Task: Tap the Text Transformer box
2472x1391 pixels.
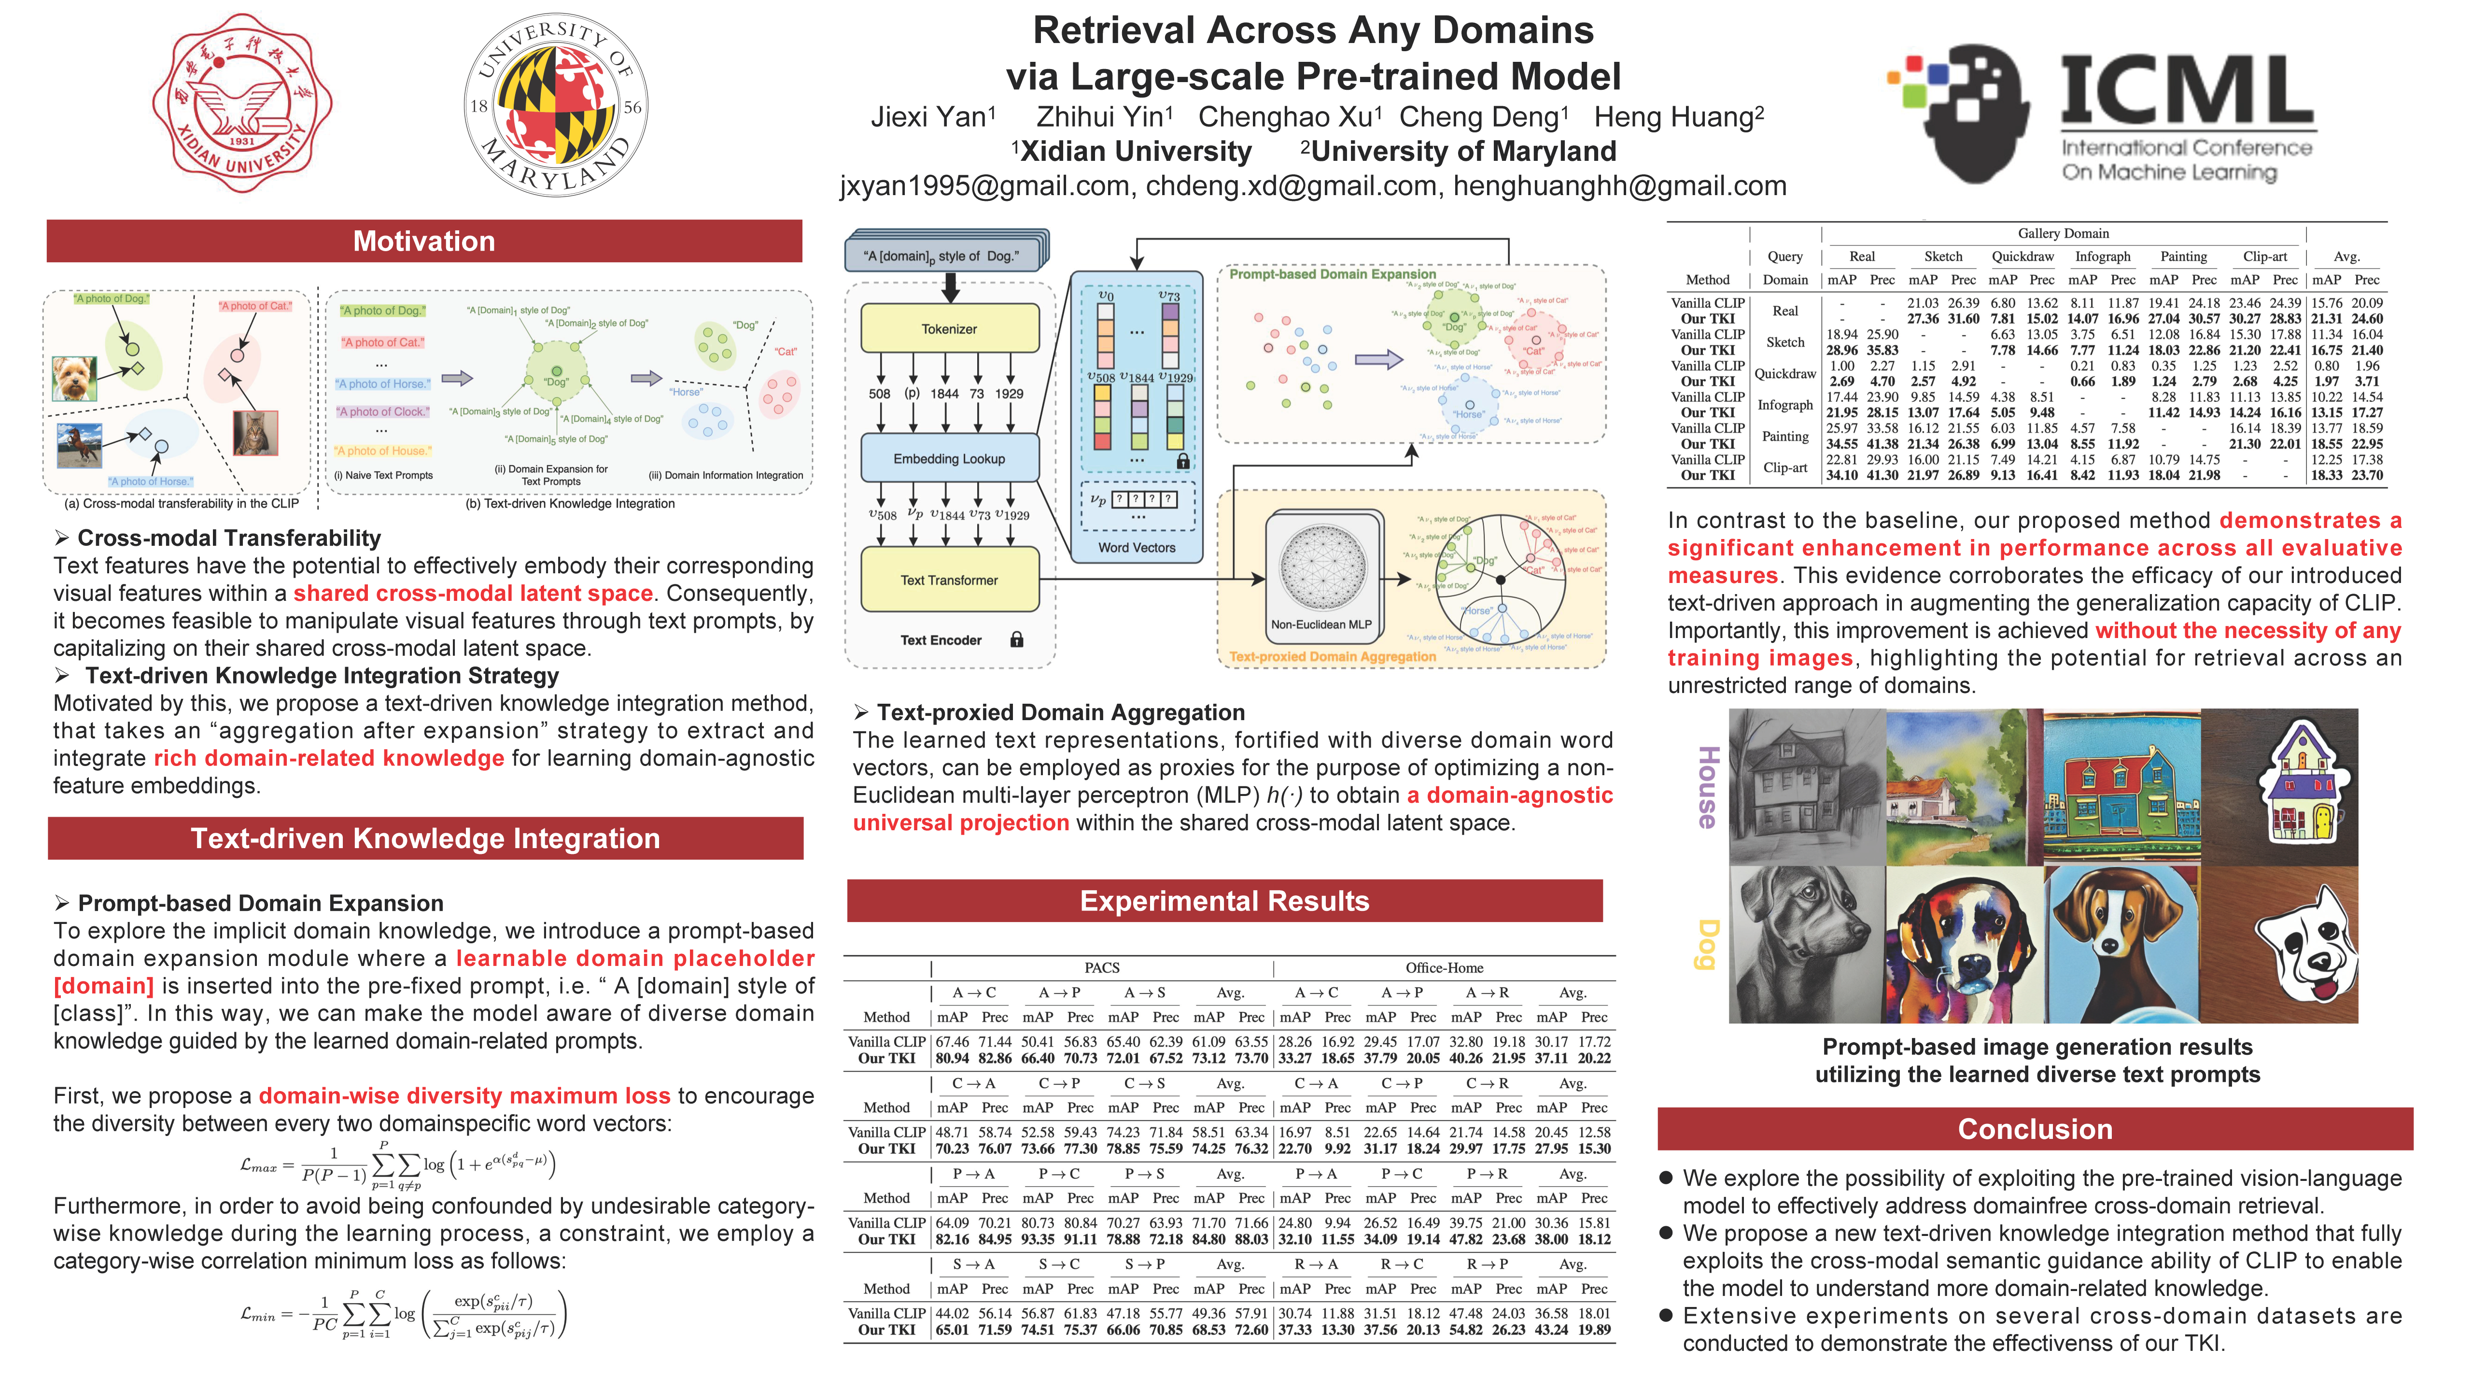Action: click(x=949, y=580)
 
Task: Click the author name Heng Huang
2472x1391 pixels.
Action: click(x=1678, y=117)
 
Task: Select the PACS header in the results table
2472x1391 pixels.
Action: click(x=1102, y=967)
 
